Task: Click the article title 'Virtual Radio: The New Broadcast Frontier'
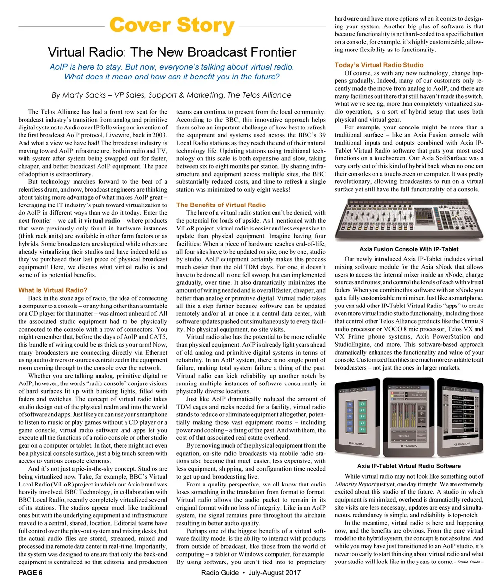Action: tap(172, 52)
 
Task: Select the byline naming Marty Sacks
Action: tap(172, 95)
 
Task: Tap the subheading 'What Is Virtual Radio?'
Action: tap(53, 290)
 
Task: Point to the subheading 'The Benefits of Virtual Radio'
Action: tap(221, 205)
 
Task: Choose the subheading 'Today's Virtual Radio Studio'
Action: tap(379, 65)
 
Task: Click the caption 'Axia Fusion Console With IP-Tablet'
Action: tap(409, 249)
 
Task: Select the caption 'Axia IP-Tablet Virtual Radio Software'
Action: tap(409, 466)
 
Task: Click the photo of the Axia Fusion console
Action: tap(409, 221)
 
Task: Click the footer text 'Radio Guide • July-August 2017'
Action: tap(251, 573)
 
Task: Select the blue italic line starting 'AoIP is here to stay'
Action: tap(172, 67)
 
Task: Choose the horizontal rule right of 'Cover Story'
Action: tap(282, 26)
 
